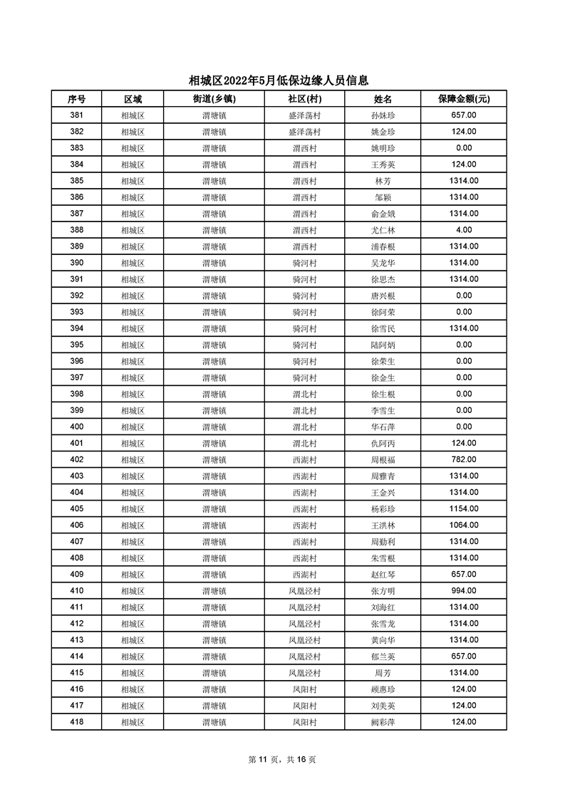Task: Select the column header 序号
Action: pyautogui.click(x=76, y=99)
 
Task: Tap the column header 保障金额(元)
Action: pyautogui.click(x=463, y=99)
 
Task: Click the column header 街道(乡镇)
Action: pyautogui.click(x=214, y=99)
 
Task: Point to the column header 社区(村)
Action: pyautogui.click(x=304, y=99)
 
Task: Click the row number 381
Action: pyautogui.click(x=76, y=115)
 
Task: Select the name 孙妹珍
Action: pyautogui.click(x=383, y=115)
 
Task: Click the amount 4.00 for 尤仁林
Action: pyautogui.click(x=463, y=230)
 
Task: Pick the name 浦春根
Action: pyautogui.click(x=383, y=246)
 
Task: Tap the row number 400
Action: pyautogui.click(x=76, y=427)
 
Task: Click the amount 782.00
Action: pyautogui.click(x=463, y=459)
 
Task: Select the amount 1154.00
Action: pyautogui.click(x=463, y=508)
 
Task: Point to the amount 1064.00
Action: pyautogui.click(x=463, y=525)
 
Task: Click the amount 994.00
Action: pyautogui.click(x=463, y=590)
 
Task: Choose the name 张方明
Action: pyautogui.click(x=383, y=591)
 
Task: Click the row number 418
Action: pyautogui.click(x=76, y=722)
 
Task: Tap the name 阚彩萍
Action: pyautogui.click(x=383, y=722)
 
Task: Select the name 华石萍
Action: pyautogui.click(x=383, y=427)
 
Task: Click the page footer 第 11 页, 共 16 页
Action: pyautogui.click(x=282, y=760)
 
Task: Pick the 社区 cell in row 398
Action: pyautogui.click(x=304, y=395)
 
